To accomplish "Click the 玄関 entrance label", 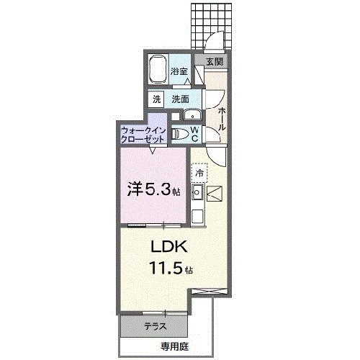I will coord(214,62).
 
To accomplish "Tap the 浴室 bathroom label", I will coord(179,71).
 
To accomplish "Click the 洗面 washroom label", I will coord(180,99).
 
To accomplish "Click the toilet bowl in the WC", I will coord(180,133).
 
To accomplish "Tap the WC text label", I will coord(195,133).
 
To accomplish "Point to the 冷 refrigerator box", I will coord(199,173).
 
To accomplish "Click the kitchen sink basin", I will coord(198,192).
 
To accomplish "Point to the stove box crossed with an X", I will coord(215,192).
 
